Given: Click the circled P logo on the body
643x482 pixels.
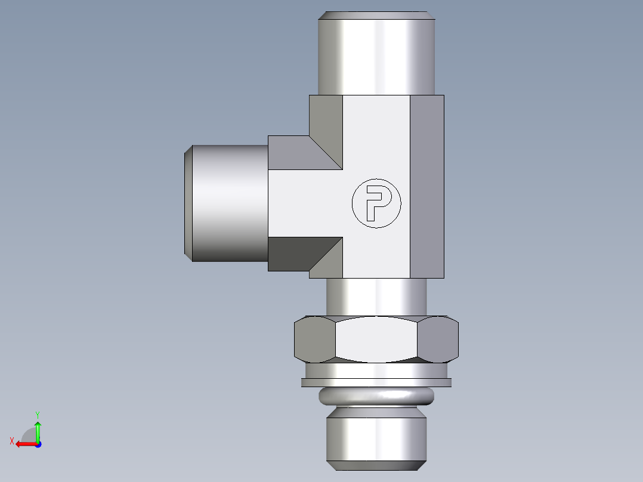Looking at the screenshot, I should pyautogui.click(x=376, y=203).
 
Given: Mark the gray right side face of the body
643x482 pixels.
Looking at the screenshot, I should pyautogui.click(x=426, y=186).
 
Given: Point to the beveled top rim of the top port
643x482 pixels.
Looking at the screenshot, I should pyautogui.click(x=376, y=16).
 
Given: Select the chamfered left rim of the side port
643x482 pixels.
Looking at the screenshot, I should pyautogui.click(x=188, y=203).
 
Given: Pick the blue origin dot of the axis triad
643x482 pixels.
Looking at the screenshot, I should pyautogui.click(x=38, y=444).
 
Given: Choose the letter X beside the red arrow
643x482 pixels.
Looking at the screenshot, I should pyautogui.click(x=11, y=441).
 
